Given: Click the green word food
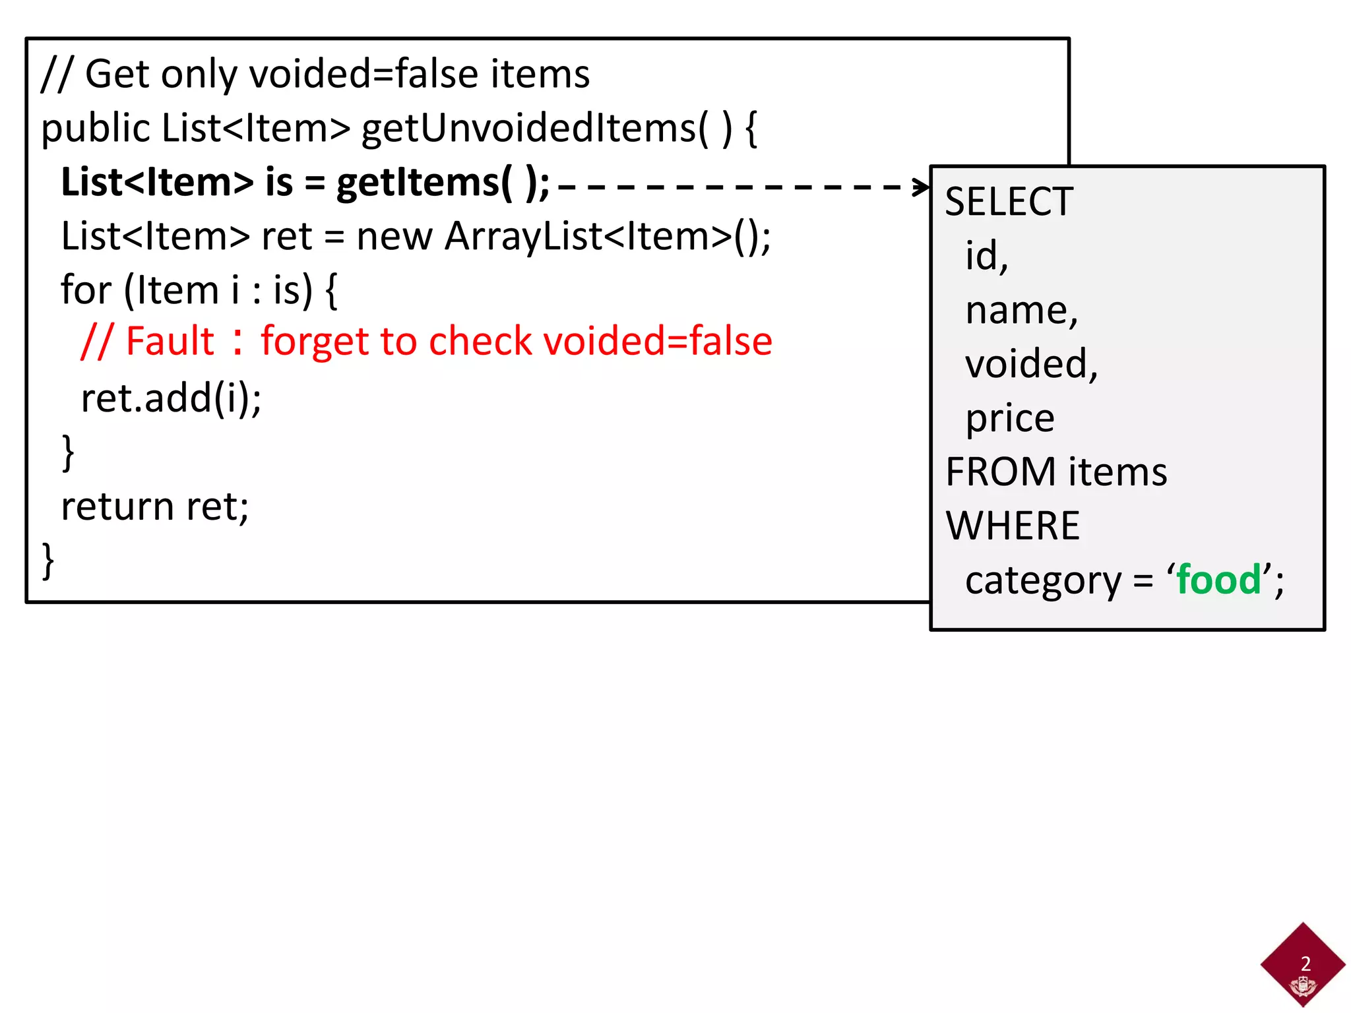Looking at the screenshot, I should pos(1218,580).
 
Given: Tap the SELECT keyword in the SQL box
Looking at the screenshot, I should pos(1009,202).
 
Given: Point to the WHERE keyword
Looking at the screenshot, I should pos(1013,526).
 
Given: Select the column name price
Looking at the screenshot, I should pos(1010,419).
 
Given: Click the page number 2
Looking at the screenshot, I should pos(1305,964).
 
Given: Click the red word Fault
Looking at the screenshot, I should pos(170,342).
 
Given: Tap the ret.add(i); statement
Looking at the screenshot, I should pos(171,398).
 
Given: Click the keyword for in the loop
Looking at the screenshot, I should pos(86,290).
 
